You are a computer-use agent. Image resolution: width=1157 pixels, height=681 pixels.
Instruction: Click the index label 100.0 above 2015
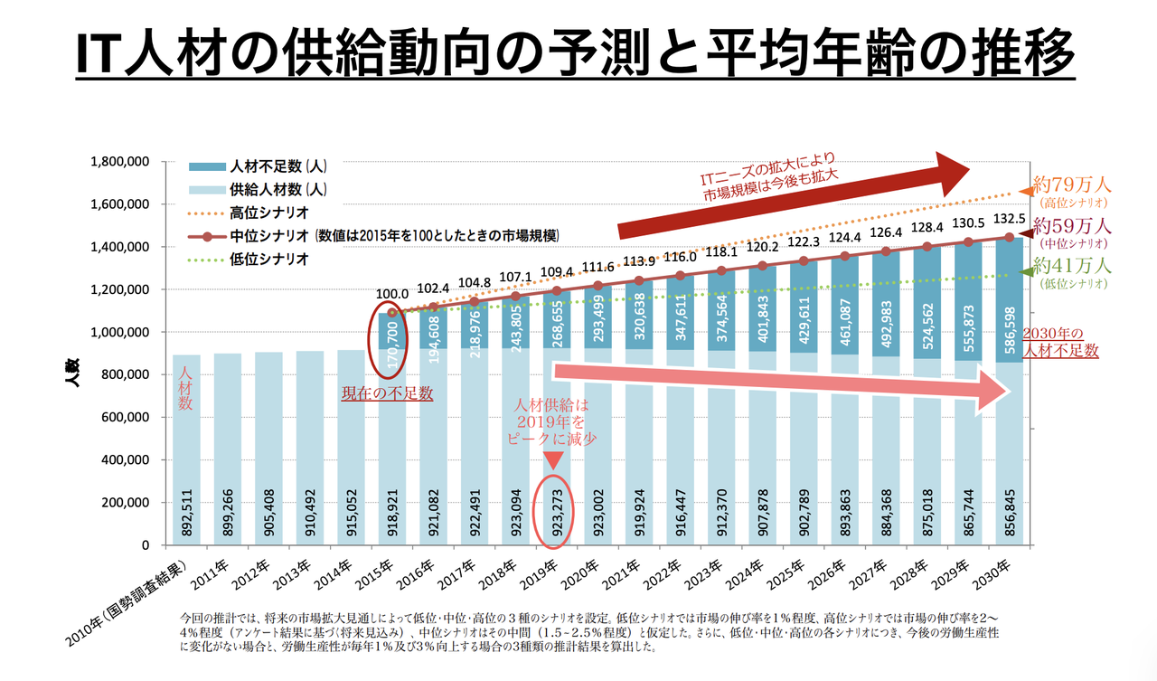point(392,294)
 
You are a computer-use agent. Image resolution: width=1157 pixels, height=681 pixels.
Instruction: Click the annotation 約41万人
point(1073,266)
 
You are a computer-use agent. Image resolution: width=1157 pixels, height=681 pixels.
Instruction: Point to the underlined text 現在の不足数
point(388,394)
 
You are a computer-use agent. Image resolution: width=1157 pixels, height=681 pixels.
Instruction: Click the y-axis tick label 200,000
point(124,503)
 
